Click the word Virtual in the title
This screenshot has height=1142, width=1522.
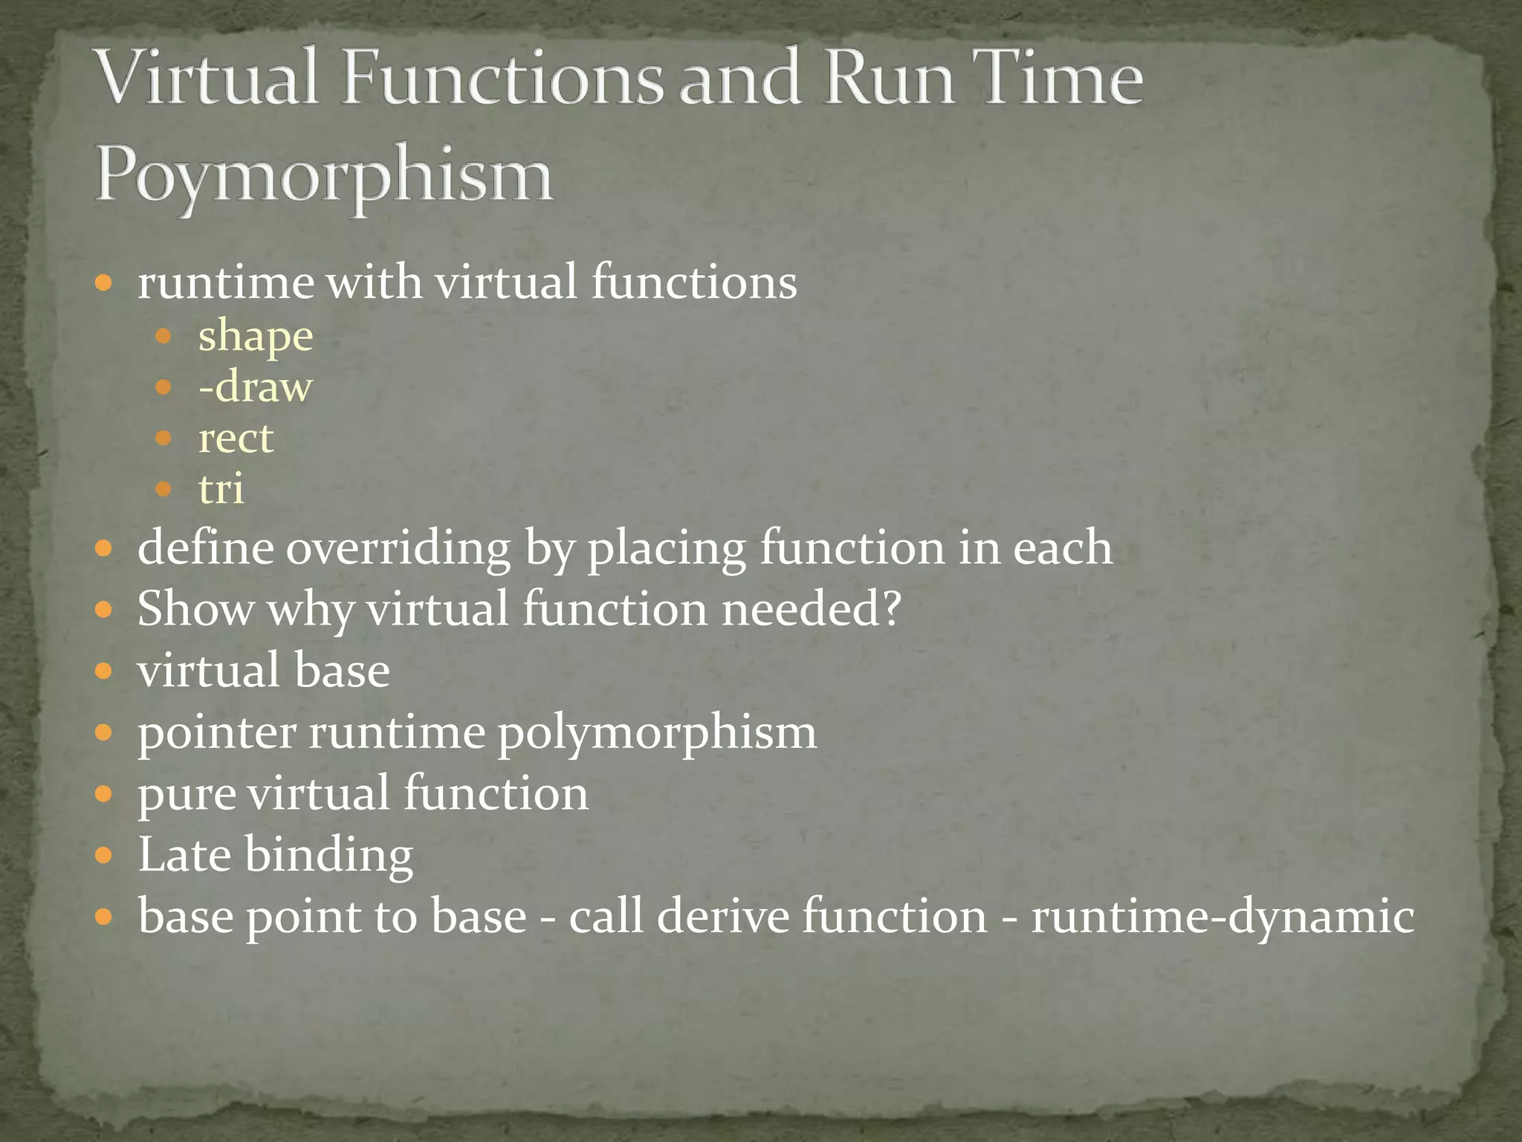(209, 78)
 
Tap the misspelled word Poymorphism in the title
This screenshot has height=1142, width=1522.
(324, 175)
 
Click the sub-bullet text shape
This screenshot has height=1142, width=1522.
(256, 336)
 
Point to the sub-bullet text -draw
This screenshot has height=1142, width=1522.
(255, 387)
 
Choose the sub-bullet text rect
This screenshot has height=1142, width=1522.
(236, 439)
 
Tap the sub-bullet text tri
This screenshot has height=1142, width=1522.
(221, 489)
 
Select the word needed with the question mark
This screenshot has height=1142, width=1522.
(811, 609)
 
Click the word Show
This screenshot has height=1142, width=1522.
(195, 609)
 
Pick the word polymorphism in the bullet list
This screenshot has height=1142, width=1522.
(657, 733)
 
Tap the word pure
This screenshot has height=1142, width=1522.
(186, 794)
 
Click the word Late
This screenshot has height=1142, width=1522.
(184, 854)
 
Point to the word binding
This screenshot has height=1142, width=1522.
(328, 856)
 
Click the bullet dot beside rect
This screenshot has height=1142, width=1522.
(163, 439)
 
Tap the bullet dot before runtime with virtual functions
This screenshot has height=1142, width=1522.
(104, 283)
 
